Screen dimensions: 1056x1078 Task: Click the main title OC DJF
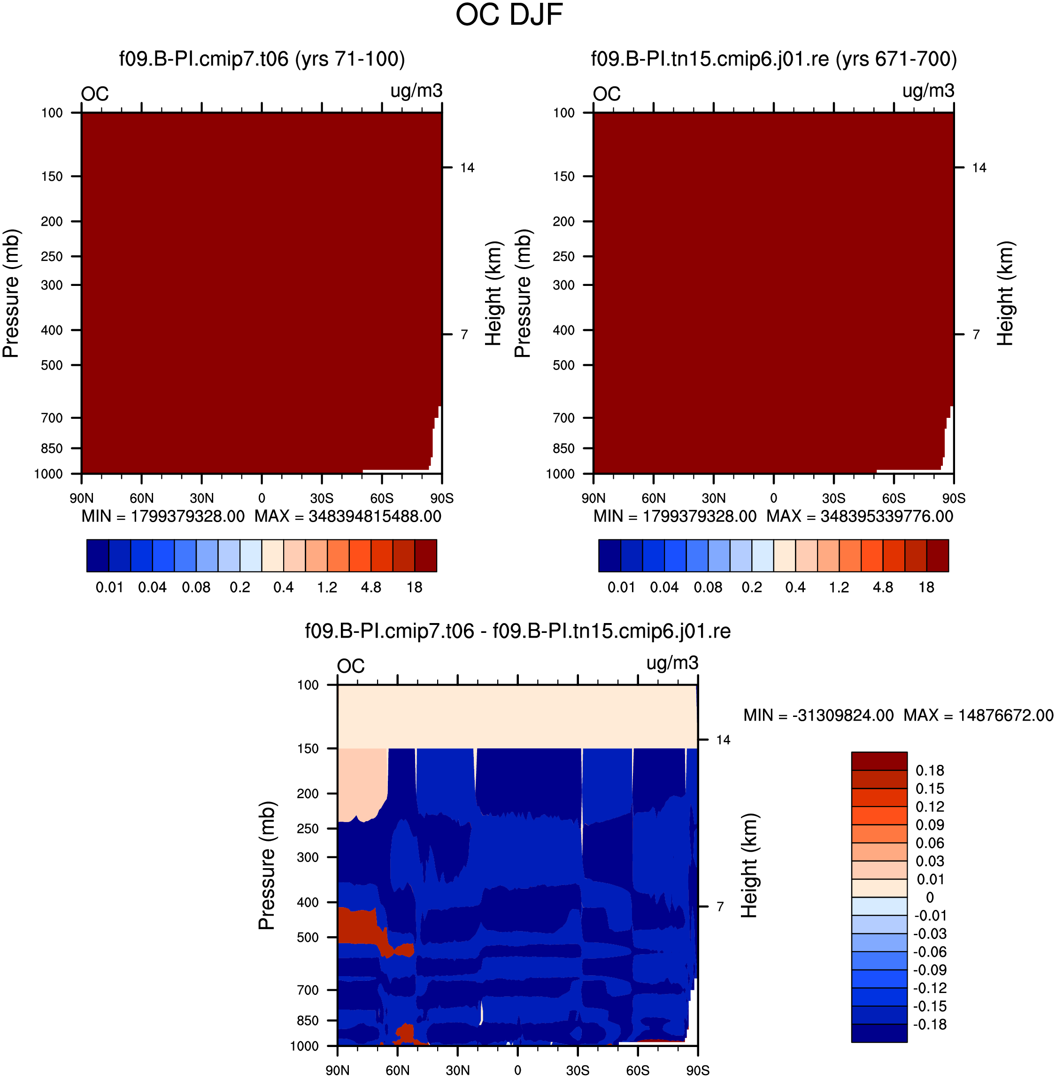(x=509, y=15)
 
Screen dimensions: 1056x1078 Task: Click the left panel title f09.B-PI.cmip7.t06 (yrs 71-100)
(x=262, y=59)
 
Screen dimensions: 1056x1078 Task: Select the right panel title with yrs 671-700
(x=774, y=59)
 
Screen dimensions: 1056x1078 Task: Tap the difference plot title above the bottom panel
(x=517, y=631)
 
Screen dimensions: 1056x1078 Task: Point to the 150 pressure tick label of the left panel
(x=52, y=177)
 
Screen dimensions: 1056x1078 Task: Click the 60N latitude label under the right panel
(x=653, y=498)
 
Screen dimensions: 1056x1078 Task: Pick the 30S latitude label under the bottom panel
(x=578, y=1070)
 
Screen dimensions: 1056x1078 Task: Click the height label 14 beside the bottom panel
(x=723, y=740)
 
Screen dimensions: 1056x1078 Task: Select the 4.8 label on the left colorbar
(x=371, y=587)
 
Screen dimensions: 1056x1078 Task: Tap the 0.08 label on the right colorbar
(x=708, y=587)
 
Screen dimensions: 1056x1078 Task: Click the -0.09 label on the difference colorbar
(x=930, y=970)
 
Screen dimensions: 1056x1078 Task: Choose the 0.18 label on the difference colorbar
(x=930, y=770)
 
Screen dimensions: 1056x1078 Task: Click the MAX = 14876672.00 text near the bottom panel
(x=979, y=716)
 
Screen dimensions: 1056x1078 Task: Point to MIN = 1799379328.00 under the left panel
(x=163, y=516)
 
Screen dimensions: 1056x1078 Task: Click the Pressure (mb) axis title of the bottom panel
(x=267, y=865)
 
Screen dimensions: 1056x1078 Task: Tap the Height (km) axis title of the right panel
(x=1005, y=293)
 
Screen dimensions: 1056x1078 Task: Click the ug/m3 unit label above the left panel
(x=416, y=91)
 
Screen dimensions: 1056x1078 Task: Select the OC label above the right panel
(x=607, y=94)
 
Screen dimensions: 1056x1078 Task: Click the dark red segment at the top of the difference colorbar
(x=879, y=761)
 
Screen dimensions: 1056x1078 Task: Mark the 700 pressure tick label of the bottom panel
(x=308, y=990)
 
